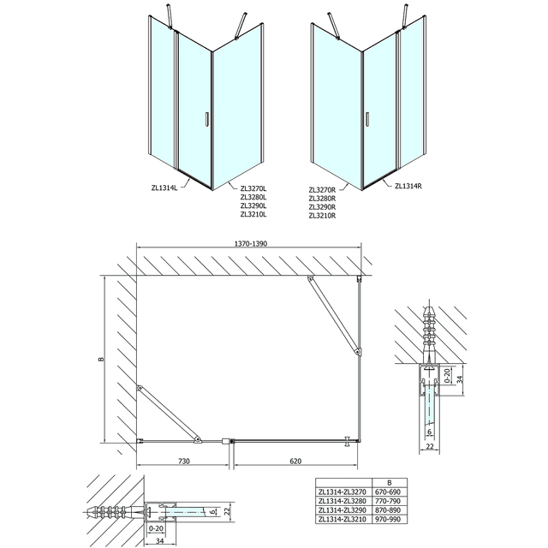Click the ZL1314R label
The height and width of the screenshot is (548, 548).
409,185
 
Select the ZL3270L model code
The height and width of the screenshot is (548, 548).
254,189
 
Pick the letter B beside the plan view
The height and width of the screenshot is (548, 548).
101,360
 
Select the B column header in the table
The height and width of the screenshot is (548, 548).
390,485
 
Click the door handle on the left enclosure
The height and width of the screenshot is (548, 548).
206,122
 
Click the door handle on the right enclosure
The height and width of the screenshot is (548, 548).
366,122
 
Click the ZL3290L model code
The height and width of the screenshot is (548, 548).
254,206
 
